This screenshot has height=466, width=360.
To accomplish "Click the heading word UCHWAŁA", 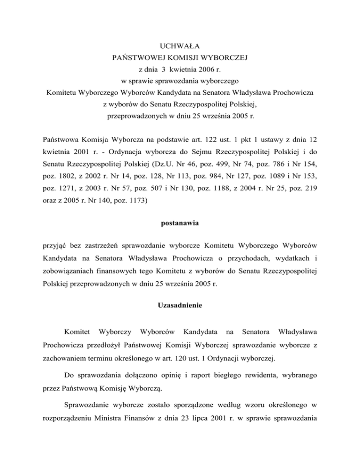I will (180, 46).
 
